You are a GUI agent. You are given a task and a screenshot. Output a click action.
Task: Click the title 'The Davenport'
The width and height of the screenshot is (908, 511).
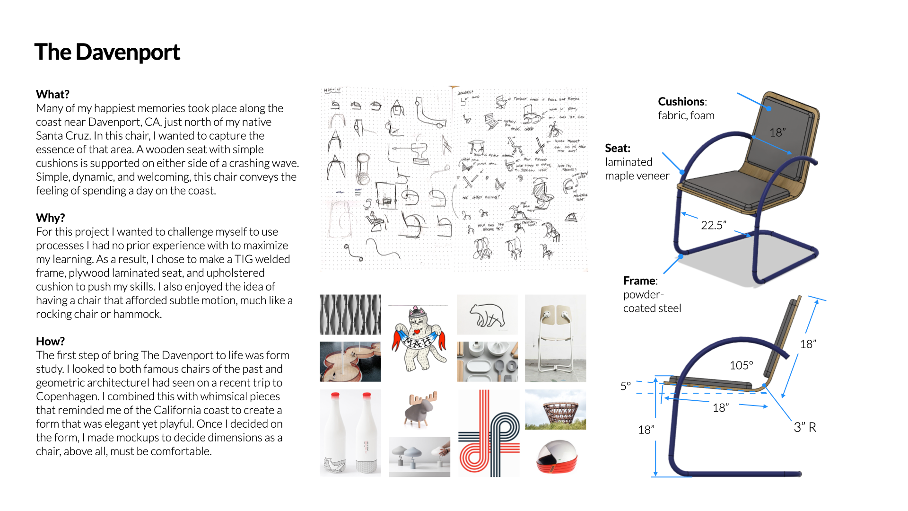click(x=107, y=52)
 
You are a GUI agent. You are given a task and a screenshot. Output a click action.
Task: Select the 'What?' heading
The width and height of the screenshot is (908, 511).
click(x=52, y=94)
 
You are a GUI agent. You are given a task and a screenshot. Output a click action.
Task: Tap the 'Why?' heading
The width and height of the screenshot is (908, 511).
click(x=50, y=218)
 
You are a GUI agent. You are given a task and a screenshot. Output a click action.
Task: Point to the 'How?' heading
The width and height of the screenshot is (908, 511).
click(x=50, y=341)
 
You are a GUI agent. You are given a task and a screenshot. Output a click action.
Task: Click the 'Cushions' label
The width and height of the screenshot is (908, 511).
click(x=681, y=102)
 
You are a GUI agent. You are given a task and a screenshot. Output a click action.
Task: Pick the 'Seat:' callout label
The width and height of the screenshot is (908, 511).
click(x=618, y=148)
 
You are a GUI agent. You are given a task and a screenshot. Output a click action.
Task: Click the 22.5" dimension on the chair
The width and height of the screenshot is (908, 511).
click(x=713, y=225)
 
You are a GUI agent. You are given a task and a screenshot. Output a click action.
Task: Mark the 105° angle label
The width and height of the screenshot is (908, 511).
click(x=741, y=365)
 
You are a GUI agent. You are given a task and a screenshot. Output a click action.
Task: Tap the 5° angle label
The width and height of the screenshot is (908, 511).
click(x=625, y=386)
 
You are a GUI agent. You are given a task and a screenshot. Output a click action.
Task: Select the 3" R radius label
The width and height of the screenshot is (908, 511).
click(x=805, y=427)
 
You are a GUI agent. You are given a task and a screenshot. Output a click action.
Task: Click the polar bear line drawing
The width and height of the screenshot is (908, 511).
click(x=487, y=315)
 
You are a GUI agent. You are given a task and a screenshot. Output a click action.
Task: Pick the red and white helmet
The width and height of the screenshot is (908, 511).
click(x=556, y=457)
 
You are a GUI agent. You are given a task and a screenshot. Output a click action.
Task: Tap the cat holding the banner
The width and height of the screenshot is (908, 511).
click(x=418, y=338)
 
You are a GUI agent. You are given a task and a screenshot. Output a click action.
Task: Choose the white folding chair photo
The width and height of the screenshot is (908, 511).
click(x=555, y=338)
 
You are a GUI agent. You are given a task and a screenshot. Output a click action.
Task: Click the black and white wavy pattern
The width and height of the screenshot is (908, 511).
click(x=350, y=315)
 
